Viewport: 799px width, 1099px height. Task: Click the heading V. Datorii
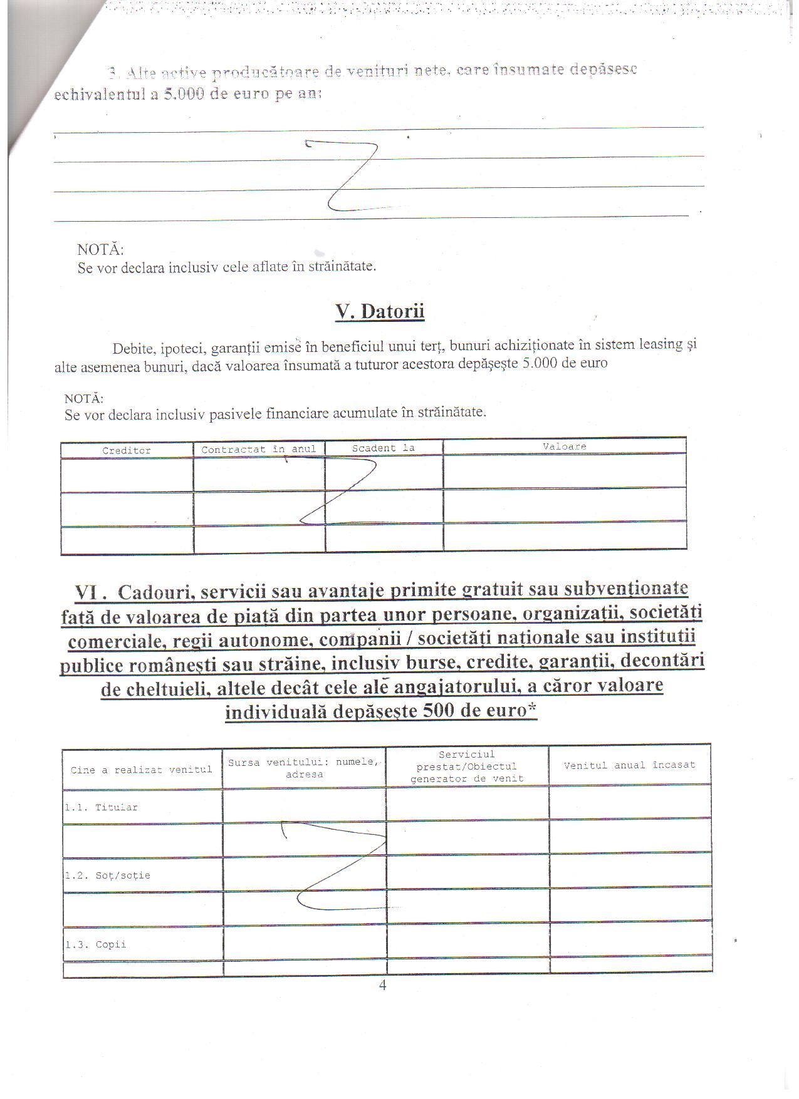380,311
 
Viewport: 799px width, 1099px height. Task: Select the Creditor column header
127,450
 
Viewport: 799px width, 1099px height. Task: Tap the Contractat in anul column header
259,449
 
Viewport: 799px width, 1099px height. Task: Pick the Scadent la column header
383,448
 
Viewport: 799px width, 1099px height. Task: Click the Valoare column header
564,446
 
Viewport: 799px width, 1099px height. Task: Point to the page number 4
383,985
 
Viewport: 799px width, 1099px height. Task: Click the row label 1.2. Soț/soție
107,875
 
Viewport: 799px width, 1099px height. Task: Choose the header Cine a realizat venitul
141,770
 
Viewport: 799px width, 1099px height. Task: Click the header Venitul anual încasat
629,765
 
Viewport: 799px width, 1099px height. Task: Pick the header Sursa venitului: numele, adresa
304,768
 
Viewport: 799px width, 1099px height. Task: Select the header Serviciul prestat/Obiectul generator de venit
467,766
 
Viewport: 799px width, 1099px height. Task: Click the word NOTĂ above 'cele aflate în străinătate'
100,249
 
